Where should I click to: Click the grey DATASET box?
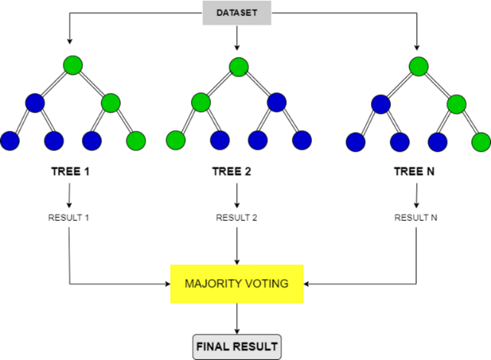coord(237,13)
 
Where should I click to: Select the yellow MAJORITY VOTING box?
coord(237,284)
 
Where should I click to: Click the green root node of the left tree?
coord(73,65)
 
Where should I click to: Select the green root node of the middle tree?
coord(238,67)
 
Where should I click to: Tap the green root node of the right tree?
coord(418,67)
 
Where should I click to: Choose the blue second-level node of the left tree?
coord(35,103)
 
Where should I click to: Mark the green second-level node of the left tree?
coord(110,103)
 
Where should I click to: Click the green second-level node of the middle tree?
coord(201,102)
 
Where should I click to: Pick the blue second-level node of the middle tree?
coord(276,102)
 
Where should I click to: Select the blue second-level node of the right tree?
coord(381,104)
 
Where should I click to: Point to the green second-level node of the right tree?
coord(456,104)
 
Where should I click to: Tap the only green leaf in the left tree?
coord(136,140)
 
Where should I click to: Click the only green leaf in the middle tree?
coord(176,140)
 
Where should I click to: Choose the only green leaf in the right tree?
coord(481,141)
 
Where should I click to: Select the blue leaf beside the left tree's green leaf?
coord(92,140)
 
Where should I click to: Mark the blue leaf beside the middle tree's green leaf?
coord(220,140)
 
